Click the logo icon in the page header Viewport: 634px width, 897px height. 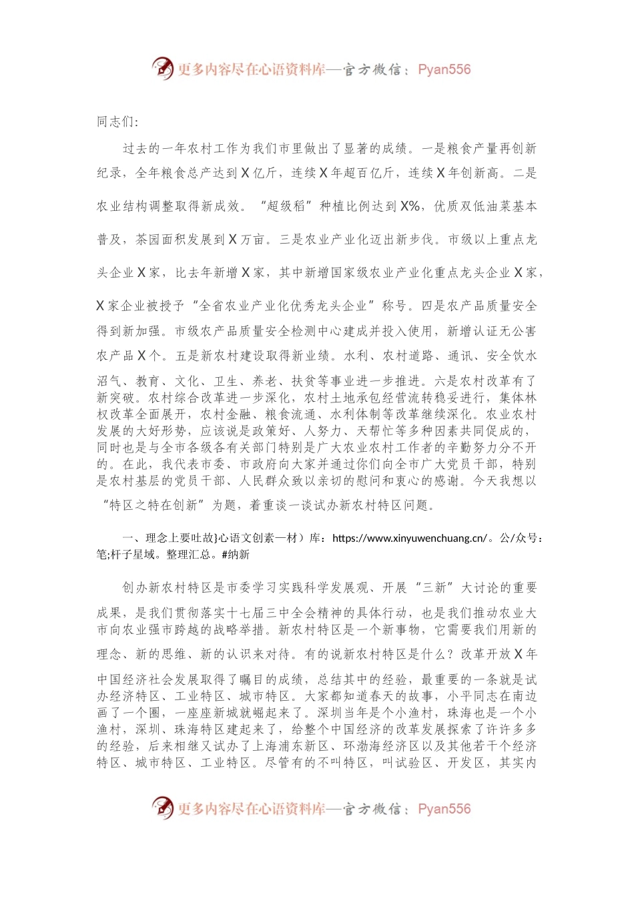click(x=162, y=68)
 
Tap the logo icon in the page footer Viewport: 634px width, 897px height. click(x=162, y=808)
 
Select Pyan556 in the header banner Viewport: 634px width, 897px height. click(x=444, y=69)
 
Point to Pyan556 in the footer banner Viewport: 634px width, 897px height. click(x=444, y=809)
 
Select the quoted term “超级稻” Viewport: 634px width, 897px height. click(x=284, y=206)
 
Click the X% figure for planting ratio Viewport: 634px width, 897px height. click(x=410, y=206)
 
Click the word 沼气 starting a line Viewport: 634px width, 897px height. click(x=109, y=381)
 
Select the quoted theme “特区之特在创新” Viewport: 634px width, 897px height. click(x=153, y=505)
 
